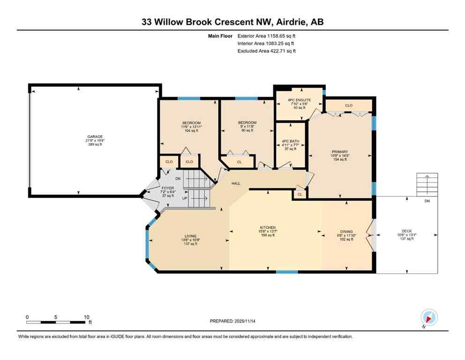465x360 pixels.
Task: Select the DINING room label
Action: [x=347, y=232]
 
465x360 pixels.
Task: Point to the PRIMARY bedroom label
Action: [x=340, y=152]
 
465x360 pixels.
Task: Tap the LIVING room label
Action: [x=190, y=236]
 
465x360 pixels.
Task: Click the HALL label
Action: [x=236, y=184]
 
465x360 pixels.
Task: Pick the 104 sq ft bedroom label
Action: [x=191, y=123]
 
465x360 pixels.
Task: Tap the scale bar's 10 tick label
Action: [x=86, y=317]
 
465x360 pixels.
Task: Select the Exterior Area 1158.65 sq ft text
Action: [x=266, y=36]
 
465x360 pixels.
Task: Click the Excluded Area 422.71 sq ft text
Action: [x=266, y=51]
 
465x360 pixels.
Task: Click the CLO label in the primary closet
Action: [x=348, y=105]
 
